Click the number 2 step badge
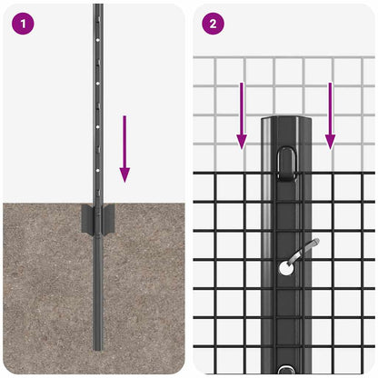coord(212,25)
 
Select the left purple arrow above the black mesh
coord(242,114)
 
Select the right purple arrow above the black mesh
coord(330,114)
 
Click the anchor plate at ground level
coord(96,218)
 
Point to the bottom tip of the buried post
coord(97,347)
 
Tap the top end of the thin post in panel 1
coord(97,7)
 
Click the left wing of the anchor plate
coord(85,218)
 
